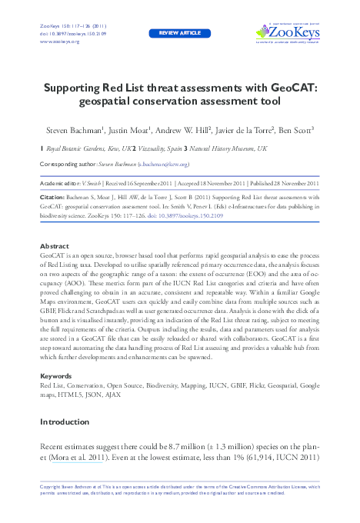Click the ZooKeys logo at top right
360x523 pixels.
tap(288, 33)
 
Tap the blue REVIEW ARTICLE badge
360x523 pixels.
tap(179, 34)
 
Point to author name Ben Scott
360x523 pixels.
tap(295, 131)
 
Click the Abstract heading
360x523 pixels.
tap(53, 246)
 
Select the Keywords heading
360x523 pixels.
tap(55, 375)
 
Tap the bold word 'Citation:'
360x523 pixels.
tap(52, 198)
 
